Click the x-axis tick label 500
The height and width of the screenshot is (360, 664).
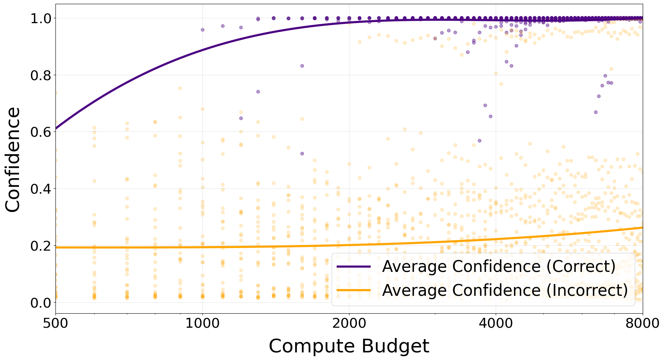(x=55, y=323)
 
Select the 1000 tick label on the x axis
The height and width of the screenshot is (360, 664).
(x=202, y=323)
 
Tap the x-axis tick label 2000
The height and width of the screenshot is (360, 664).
(x=349, y=323)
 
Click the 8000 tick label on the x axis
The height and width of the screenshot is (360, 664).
(x=642, y=323)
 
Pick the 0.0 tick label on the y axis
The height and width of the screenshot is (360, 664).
(x=41, y=303)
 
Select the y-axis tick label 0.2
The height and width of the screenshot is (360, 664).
(x=41, y=246)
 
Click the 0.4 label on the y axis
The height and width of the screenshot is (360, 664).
(x=41, y=189)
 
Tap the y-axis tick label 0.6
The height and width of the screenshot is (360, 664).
(x=41, y=132)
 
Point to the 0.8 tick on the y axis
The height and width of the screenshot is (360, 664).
(x=41, y=75)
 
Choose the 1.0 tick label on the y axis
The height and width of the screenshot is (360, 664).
(x=41, y=18)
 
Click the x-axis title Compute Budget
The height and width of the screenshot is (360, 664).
(x=349, y=346)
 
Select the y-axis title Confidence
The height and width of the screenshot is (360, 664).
(x=13, y=159)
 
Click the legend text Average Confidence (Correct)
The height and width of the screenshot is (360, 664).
(x=498, y=267)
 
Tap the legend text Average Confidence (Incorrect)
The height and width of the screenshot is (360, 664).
(x=505, y=291)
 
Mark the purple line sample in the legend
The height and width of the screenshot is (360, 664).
(x=354, y=267)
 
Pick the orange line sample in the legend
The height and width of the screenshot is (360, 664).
(x=354, y=291)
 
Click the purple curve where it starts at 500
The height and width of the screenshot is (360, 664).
(x=56, y=129)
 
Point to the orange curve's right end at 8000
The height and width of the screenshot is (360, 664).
(x=642, y=227)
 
